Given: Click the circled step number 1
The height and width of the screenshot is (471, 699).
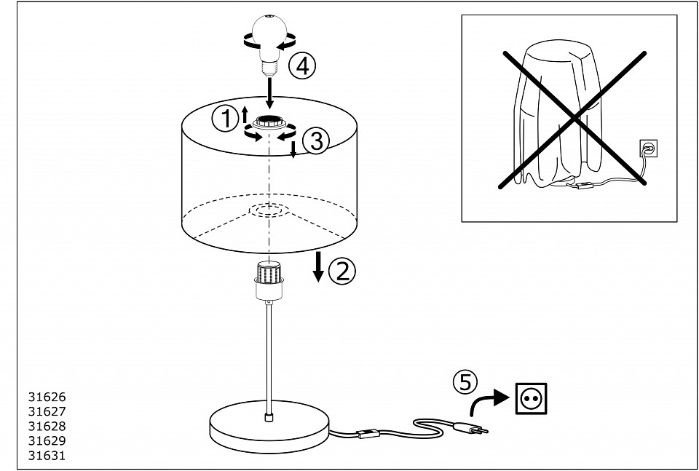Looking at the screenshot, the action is [x=225, y=119].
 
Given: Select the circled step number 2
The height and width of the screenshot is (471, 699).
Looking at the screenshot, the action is [x=342, y=271].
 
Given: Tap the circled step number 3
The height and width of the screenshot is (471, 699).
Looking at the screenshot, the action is [x=315, y=141].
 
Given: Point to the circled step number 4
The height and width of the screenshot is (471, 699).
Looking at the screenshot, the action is [x=302, y=67].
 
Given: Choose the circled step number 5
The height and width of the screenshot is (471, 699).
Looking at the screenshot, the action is [x=465, y=382].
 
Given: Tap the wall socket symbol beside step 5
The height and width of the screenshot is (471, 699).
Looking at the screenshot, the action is [x=531, y=399].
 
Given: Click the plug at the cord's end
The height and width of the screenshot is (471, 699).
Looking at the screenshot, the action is [x=470, y=428].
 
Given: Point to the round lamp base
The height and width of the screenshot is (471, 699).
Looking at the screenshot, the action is [x=269, y=427].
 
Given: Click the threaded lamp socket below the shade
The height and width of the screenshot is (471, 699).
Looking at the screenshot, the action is [x=269, y=280].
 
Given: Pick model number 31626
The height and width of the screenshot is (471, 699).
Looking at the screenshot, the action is [x=47, y=397].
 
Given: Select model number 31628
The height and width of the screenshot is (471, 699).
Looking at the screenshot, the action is [x=47, y=426].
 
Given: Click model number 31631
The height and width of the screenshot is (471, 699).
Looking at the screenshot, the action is [x=47, y=456].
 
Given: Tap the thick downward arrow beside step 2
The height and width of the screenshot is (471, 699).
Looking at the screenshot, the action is [x=318, y=266].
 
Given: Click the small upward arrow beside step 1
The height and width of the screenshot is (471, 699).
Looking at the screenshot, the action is [x=245, y=114].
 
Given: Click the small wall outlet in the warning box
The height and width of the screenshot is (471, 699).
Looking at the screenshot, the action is [x=648, y=149].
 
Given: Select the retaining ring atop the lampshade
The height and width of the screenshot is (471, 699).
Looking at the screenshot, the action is [x=269, y=122].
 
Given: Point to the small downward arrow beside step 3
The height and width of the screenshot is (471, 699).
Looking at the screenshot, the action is [x=293, y=150].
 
